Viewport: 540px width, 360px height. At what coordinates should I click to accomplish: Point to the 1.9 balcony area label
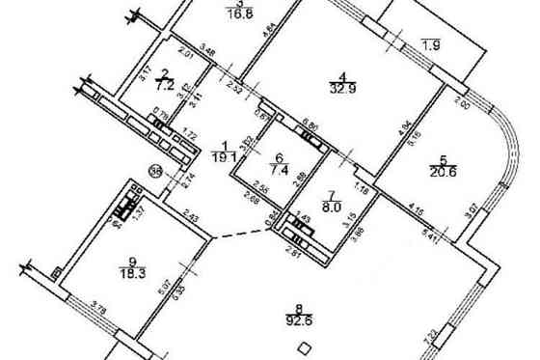click(431, 44)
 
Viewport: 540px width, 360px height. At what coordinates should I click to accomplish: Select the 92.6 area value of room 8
click(301, 323)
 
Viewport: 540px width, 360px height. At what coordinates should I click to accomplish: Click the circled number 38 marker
click(155, 172)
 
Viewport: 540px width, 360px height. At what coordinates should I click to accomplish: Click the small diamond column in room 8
click(304, 349)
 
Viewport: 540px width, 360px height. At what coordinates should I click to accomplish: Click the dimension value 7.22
click(459, 337)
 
